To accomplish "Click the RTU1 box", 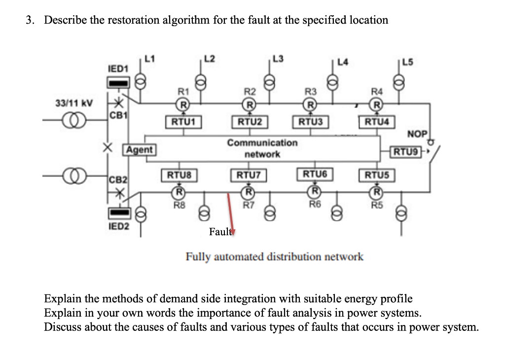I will click(182, 122).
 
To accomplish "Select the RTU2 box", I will click(250, 122).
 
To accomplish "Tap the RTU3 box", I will click(309, 122).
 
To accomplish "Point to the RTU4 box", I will click(376, 122).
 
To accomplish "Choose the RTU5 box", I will click(376, 175).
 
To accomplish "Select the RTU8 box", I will click(179, 175).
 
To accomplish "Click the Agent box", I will click(140, 149).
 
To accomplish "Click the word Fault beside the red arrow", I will click(219, 232).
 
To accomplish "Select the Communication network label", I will click(262, 148).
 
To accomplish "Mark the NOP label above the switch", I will click(417, 134).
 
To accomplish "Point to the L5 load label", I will click(408, 63).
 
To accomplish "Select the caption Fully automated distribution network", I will click(274, 256).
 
